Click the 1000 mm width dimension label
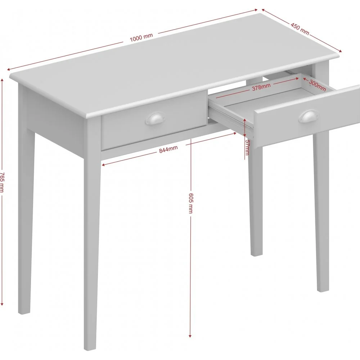click(x=141, y=37)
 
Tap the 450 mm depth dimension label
click(x=300, y=28)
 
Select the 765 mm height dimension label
click(x=2, y=183)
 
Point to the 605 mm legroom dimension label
click(x=191, y=203)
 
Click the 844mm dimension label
click(x=168, y=149)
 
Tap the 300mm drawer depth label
click(x=318, y=85)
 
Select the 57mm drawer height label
click(x=247, y=147)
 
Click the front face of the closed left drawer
click(x=154, y=120)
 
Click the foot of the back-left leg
click(x=24, y=312)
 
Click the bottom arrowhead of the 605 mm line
click(x=190, y=336)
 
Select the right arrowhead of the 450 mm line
click(x=340, y=51)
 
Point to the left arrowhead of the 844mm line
click(x=104, y=165)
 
